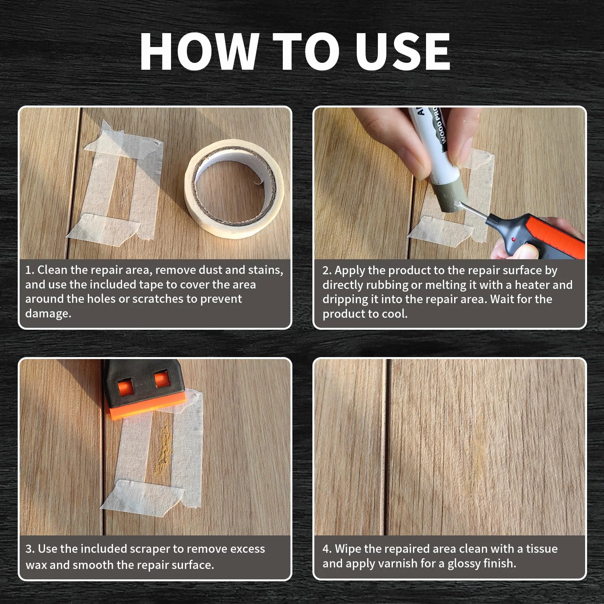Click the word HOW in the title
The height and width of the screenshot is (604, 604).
pyautogui.click(x=199, y=52)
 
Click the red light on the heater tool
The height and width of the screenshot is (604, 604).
pyautogui.click(x=513, y=240)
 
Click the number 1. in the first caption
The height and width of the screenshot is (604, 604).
pyautogui.click(x=30, y=270)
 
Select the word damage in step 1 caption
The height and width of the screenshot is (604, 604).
pyautogui.click(x=48, y=314)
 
